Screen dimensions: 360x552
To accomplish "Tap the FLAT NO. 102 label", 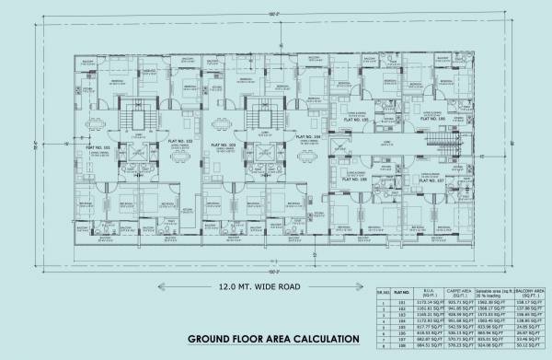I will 182,141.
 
